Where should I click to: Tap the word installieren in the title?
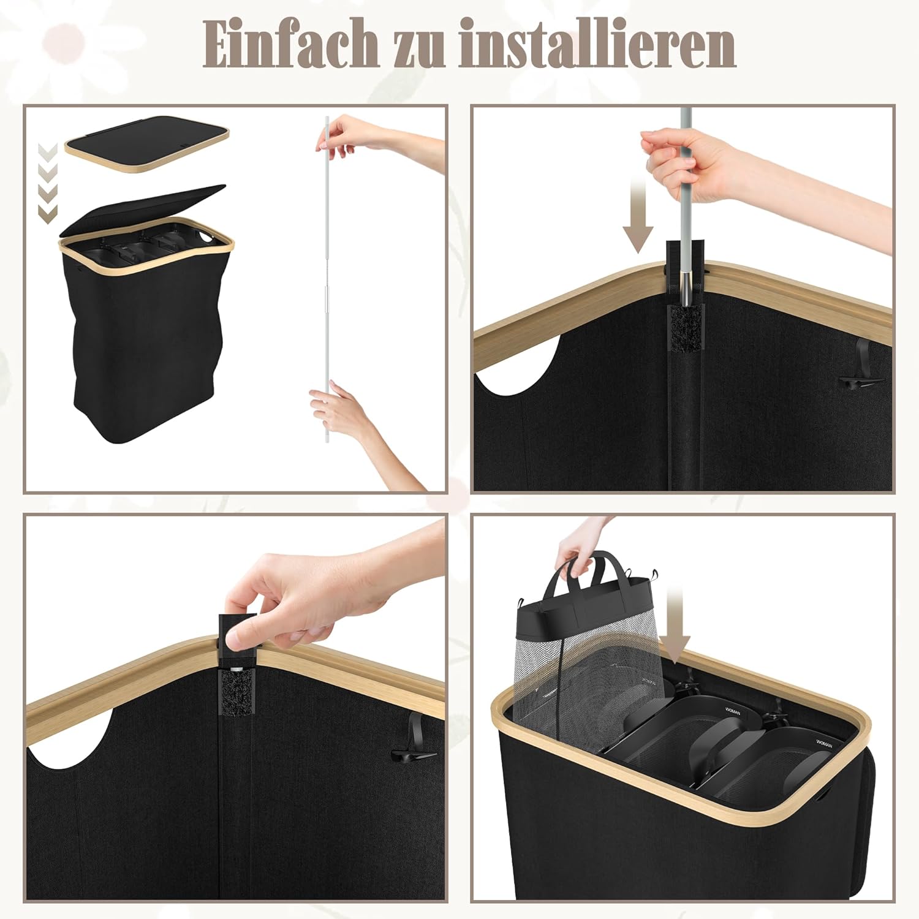coord(597,43)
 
